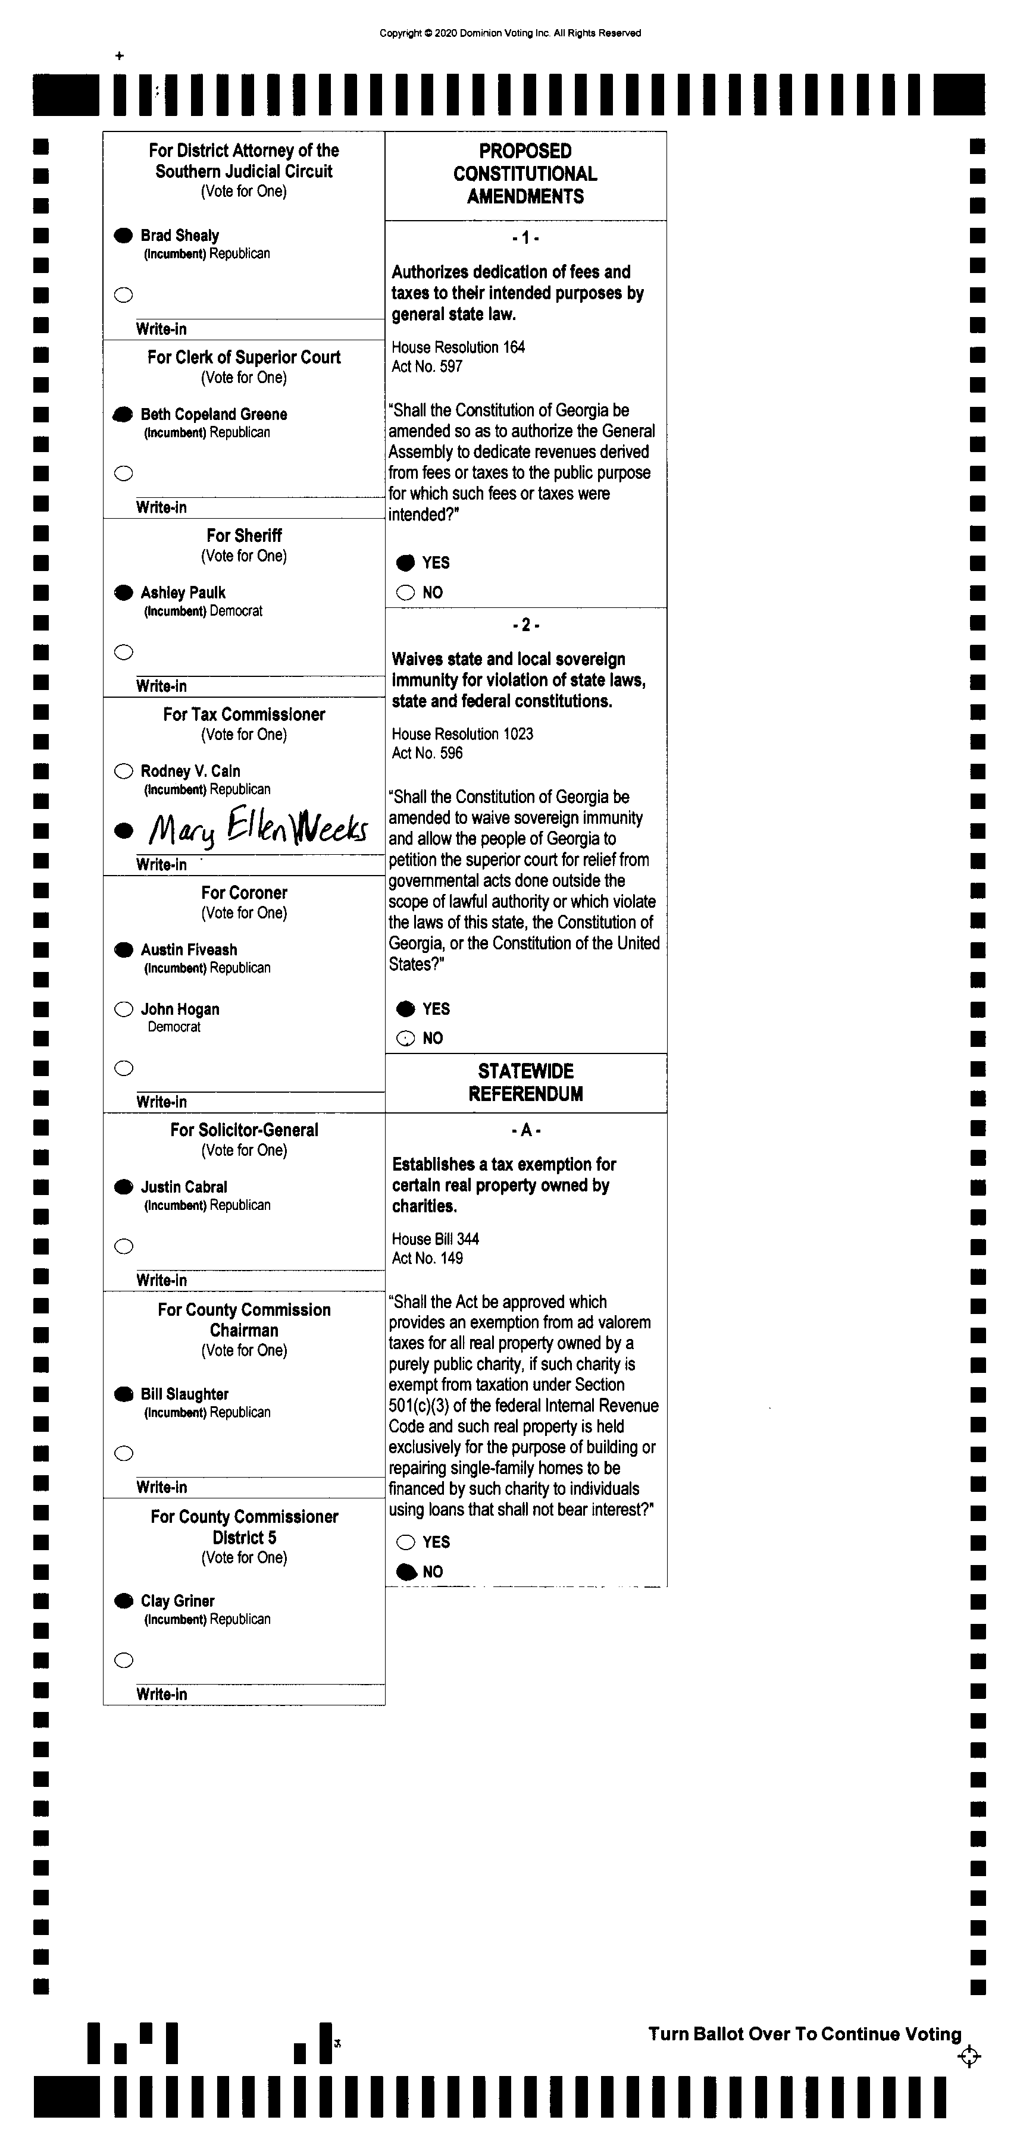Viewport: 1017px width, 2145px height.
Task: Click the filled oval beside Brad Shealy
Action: [x=123, y=236]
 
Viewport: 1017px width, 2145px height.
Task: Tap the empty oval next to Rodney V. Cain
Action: [x=123, y=771]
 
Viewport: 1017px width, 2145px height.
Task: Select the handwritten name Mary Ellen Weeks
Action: [x=257, y=826]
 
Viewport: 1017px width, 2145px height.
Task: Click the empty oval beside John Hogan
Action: [x=123, y=1009]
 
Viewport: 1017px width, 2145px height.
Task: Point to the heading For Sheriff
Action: [x=244, y=535]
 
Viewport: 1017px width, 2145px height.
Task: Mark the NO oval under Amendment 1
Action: [x=406, y=593]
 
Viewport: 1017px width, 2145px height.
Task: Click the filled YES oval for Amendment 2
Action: [x=406, y=1009]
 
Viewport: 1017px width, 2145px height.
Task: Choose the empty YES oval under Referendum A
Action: [x=406, y=1542]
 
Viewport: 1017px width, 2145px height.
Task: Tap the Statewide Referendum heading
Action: [x=525, y=1083]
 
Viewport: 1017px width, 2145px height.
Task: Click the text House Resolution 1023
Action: [x=462, y=733]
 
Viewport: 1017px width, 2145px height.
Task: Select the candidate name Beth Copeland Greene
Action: [x=214, y=414]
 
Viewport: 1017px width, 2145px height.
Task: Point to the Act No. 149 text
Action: [x=427, y=1258]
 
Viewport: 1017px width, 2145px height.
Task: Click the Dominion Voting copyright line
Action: [x=510, y=33]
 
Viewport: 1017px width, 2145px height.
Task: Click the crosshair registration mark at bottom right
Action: [x=969, y=2057]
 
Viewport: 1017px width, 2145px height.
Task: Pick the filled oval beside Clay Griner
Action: [x=123, y=1601]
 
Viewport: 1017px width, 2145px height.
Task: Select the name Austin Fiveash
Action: [x=189, y=949]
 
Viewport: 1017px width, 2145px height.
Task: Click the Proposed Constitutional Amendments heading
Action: [x=525, y=174]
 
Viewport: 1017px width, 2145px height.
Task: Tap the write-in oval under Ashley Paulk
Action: [x=123, y=652]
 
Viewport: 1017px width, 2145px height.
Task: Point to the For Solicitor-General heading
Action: [x=244, y=1130]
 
